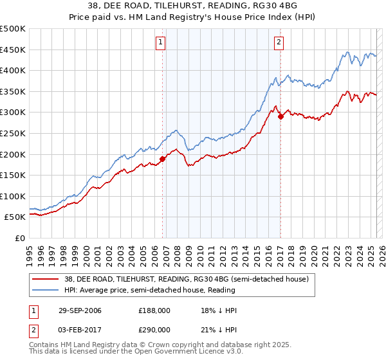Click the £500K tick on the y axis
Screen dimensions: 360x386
point(13,29)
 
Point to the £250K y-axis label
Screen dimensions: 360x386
point(13,133)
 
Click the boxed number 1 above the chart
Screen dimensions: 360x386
point(160,43)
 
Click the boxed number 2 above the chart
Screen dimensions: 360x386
point(279,43)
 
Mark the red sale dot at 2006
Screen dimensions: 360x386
point(163,159)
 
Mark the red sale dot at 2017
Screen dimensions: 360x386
point(280,116)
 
